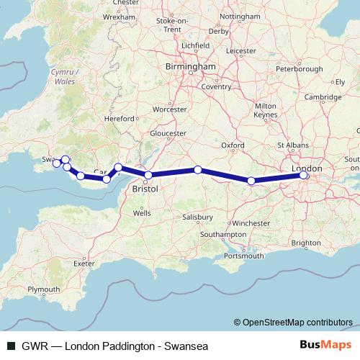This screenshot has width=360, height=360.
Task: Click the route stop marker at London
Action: click(304, 174)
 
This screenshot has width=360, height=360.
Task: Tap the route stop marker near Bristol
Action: click(148, 175)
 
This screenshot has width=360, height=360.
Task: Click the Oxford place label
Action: click(233, 145)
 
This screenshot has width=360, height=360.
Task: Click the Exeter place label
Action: click(84, 264)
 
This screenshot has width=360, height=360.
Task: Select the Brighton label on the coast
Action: click(307, 243)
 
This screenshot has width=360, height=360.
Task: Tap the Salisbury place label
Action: click(197, 217)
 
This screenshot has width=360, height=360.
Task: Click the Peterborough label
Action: click(300, 69)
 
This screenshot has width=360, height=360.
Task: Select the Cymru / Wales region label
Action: click(63, 77)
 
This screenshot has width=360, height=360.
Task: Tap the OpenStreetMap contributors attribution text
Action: click(297, 322)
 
